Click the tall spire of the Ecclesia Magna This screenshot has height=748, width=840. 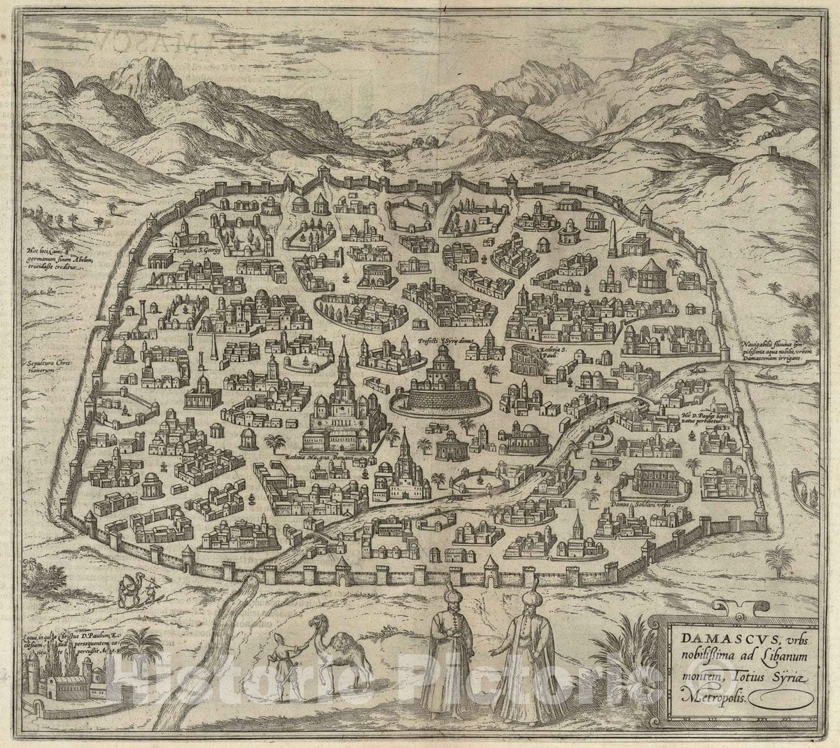point(343,357)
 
